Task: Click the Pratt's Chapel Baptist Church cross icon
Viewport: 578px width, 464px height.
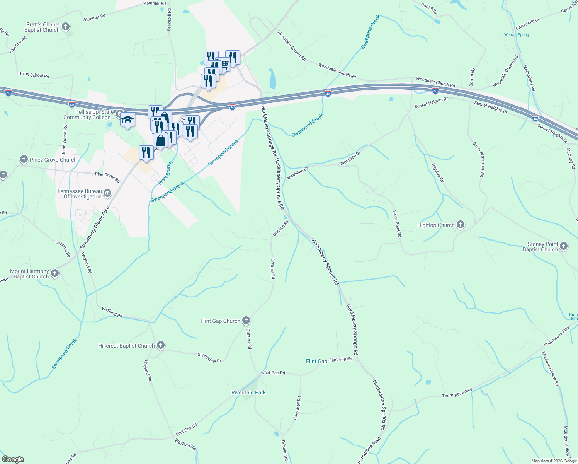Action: [x=66, y=27]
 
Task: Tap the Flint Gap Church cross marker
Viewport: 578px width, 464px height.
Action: [x=246, y=321]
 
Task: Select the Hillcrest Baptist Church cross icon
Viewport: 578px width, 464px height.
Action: [x=160, y=345]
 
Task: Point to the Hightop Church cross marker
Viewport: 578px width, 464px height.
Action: [x=460, y=225]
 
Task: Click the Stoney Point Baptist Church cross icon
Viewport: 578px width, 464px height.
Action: [x=564, y=246]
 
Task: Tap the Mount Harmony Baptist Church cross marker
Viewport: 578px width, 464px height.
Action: [x=55, y=273]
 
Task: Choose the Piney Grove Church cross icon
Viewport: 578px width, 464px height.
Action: [x=24, y=159]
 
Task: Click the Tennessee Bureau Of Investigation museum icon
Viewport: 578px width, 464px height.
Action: [x=107, y=193]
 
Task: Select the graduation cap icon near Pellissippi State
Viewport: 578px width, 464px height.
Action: [x=127, y=120]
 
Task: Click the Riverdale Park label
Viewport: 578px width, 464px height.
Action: [x=248, y=392]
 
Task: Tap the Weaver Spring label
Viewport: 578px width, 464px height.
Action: [x=516, y=35]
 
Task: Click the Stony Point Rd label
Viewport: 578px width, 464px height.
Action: [x=397, y=223]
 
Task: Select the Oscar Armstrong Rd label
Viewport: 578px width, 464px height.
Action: [x=478, y=159]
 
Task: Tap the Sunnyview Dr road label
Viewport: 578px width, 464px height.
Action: [x=209, y=358]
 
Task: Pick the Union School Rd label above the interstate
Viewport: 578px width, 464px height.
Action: [x=34, y=75]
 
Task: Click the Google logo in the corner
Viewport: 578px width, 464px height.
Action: [x=13, y=459]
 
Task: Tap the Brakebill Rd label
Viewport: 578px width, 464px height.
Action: [x=169, y=19]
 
